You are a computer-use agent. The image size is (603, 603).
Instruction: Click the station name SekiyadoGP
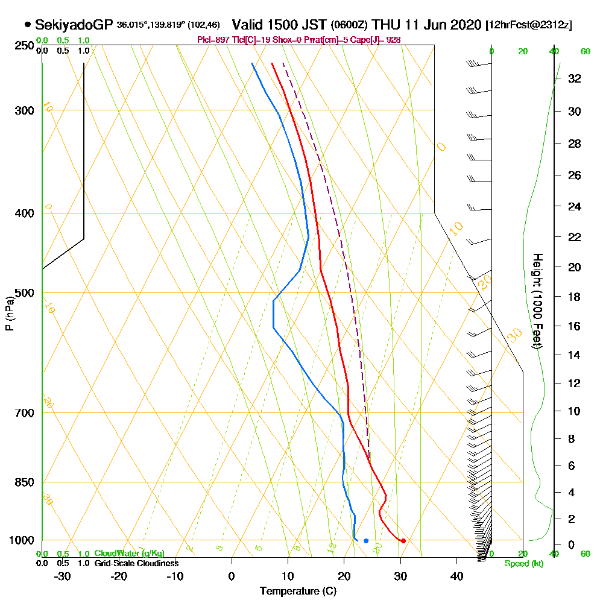(74, 25)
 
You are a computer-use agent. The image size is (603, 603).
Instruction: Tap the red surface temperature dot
(403, 540)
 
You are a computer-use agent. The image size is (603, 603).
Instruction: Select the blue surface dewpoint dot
(366, 540)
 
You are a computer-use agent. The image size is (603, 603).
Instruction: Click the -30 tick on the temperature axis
(63, 576)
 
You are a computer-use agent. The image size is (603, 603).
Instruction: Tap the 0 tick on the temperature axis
(232, 576)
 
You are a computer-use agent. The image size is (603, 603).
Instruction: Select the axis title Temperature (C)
(298, 591)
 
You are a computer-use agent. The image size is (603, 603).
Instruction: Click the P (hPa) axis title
(9, 314)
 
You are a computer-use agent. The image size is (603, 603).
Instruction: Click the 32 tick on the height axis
(573, 78)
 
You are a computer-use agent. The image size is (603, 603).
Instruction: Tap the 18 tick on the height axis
(573, 297)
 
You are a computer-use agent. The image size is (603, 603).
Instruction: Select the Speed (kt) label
(522, 563)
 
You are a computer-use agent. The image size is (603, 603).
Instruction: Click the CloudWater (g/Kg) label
(129, 553)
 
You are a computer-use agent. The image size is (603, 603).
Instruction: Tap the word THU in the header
(387, 25)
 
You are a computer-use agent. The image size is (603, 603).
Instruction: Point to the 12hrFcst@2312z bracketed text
(529, 25)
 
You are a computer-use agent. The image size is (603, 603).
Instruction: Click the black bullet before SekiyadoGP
(28, 25)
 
